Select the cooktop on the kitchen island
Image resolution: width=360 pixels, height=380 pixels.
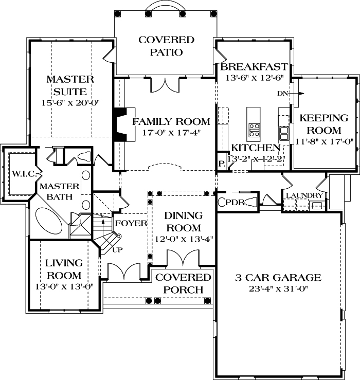tap(254, 128)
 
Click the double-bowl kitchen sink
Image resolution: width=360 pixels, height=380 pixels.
tap(284, 133)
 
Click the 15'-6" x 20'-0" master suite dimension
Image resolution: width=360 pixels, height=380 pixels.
tap(70, 103)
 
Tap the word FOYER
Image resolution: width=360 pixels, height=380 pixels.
tap(131, 224)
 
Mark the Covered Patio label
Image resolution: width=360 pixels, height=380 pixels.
tap(166, 46)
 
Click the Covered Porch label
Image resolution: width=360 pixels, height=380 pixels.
tap(184, 283)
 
